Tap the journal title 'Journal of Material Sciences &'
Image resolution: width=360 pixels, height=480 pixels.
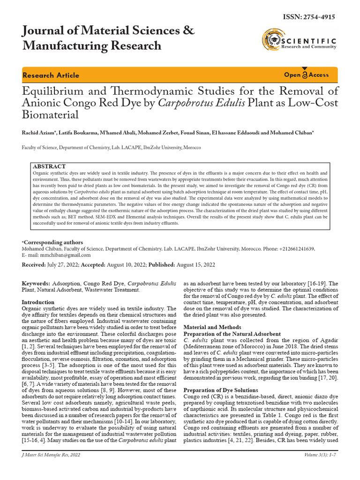[x=108, y=31]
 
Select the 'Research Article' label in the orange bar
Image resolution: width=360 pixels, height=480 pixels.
[x=51, y=75]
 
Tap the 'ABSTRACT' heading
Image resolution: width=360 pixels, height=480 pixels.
[x=49, y=166]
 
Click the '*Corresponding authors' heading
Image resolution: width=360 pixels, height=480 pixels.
[x=52, y=242]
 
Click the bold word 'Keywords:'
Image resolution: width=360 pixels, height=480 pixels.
[x=36, y=284]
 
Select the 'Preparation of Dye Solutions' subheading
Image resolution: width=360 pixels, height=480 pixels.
[x=220, y=390]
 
